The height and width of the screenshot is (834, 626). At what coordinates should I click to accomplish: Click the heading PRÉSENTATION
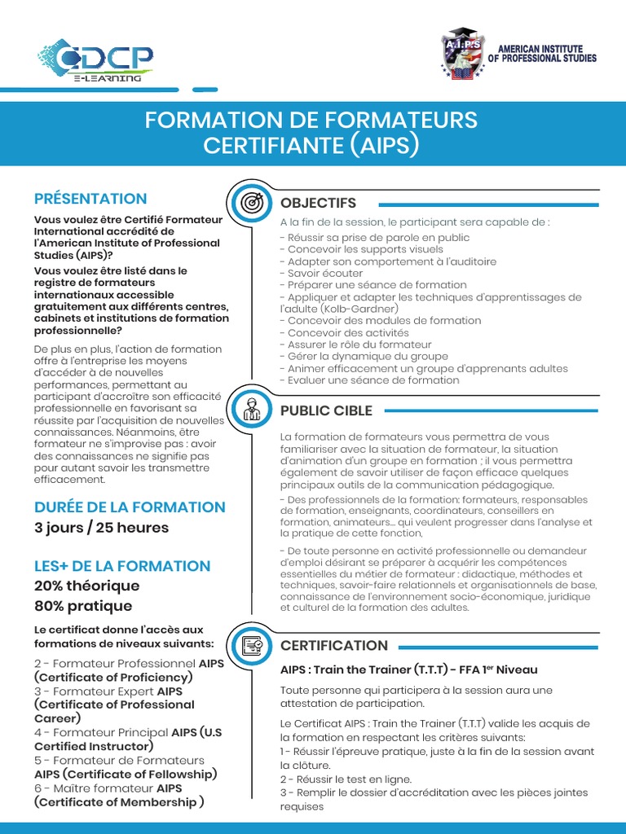click(90, 199)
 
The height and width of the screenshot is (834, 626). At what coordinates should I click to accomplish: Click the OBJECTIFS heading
click(319, 203)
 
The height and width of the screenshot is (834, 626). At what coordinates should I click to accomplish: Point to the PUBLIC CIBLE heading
click(326, 410)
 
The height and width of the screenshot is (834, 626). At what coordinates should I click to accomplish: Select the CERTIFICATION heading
click(334, 646)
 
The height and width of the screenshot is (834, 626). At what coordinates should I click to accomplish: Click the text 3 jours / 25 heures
click(101, 528)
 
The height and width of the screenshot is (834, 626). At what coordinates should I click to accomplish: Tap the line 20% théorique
click(86, 586)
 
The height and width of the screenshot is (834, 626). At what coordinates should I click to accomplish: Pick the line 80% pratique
click(83, 606)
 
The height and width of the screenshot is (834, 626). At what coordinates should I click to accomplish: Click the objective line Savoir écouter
click(314, 274)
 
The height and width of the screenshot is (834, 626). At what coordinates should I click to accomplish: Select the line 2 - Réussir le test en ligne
click(346, 779)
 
